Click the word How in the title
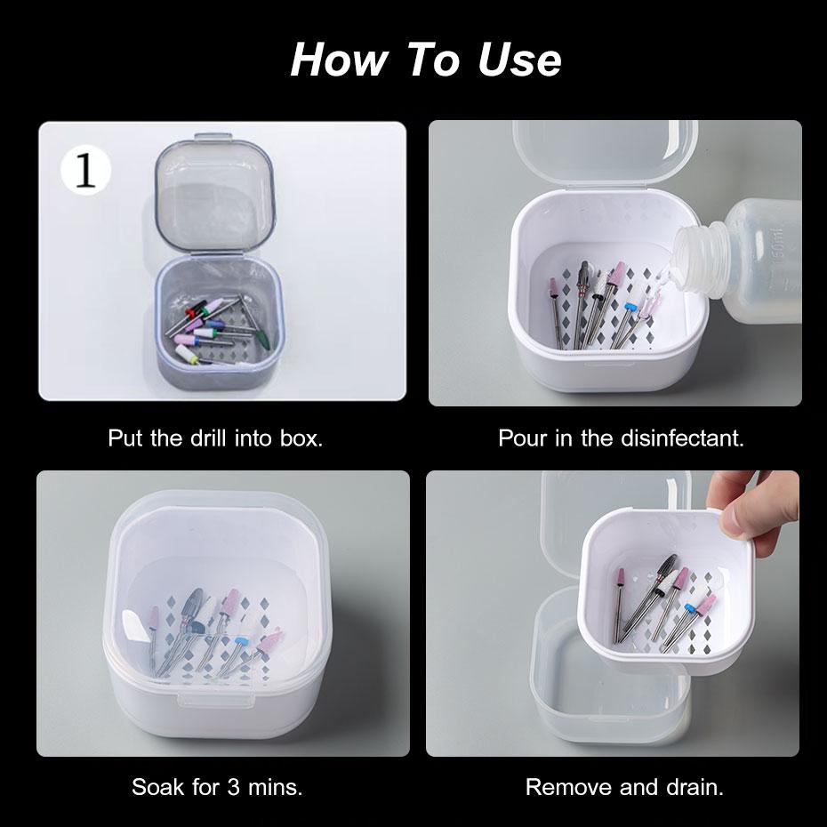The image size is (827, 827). click(x=339, y=59)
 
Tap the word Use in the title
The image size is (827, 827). click(x=519, y=59)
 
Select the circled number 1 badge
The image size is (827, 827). click(x=85, y=171)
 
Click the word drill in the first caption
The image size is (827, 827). click(x=208, y=438)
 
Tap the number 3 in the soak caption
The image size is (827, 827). click(x=234, y=787)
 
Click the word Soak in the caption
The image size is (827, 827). click(x=157, y=787)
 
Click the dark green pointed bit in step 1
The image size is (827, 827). click(x=262, y=336)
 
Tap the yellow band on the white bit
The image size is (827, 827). click(x=194, y=359)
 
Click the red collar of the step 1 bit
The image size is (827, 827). click(x=189, y=314)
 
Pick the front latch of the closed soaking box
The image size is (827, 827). click(x=213, y=700)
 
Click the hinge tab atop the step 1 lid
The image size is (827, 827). click(x=213, y=138)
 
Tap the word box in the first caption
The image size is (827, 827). click(x=301, y=438)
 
